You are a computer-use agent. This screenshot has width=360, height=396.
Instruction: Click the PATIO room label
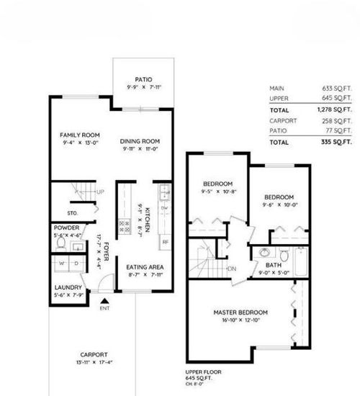(x=141, y=80)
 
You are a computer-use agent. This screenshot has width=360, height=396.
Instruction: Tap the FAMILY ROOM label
(x=79, y=135)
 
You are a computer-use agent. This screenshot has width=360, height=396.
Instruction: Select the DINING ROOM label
(x=140, y=140)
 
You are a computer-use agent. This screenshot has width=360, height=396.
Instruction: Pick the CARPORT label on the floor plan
(x=94, y=354)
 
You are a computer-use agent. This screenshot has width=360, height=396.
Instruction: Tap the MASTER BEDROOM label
(x=240, y=312)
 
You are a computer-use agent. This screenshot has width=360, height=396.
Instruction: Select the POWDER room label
(x=67, y=228)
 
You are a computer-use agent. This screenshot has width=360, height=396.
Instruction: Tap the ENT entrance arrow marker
(x=104, y=302)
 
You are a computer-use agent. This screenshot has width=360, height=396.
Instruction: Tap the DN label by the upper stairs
(x=232, y=269)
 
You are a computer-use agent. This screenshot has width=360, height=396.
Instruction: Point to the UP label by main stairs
(x=101, y=192)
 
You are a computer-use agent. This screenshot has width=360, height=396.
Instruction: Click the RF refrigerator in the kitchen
(x=165, y=241)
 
